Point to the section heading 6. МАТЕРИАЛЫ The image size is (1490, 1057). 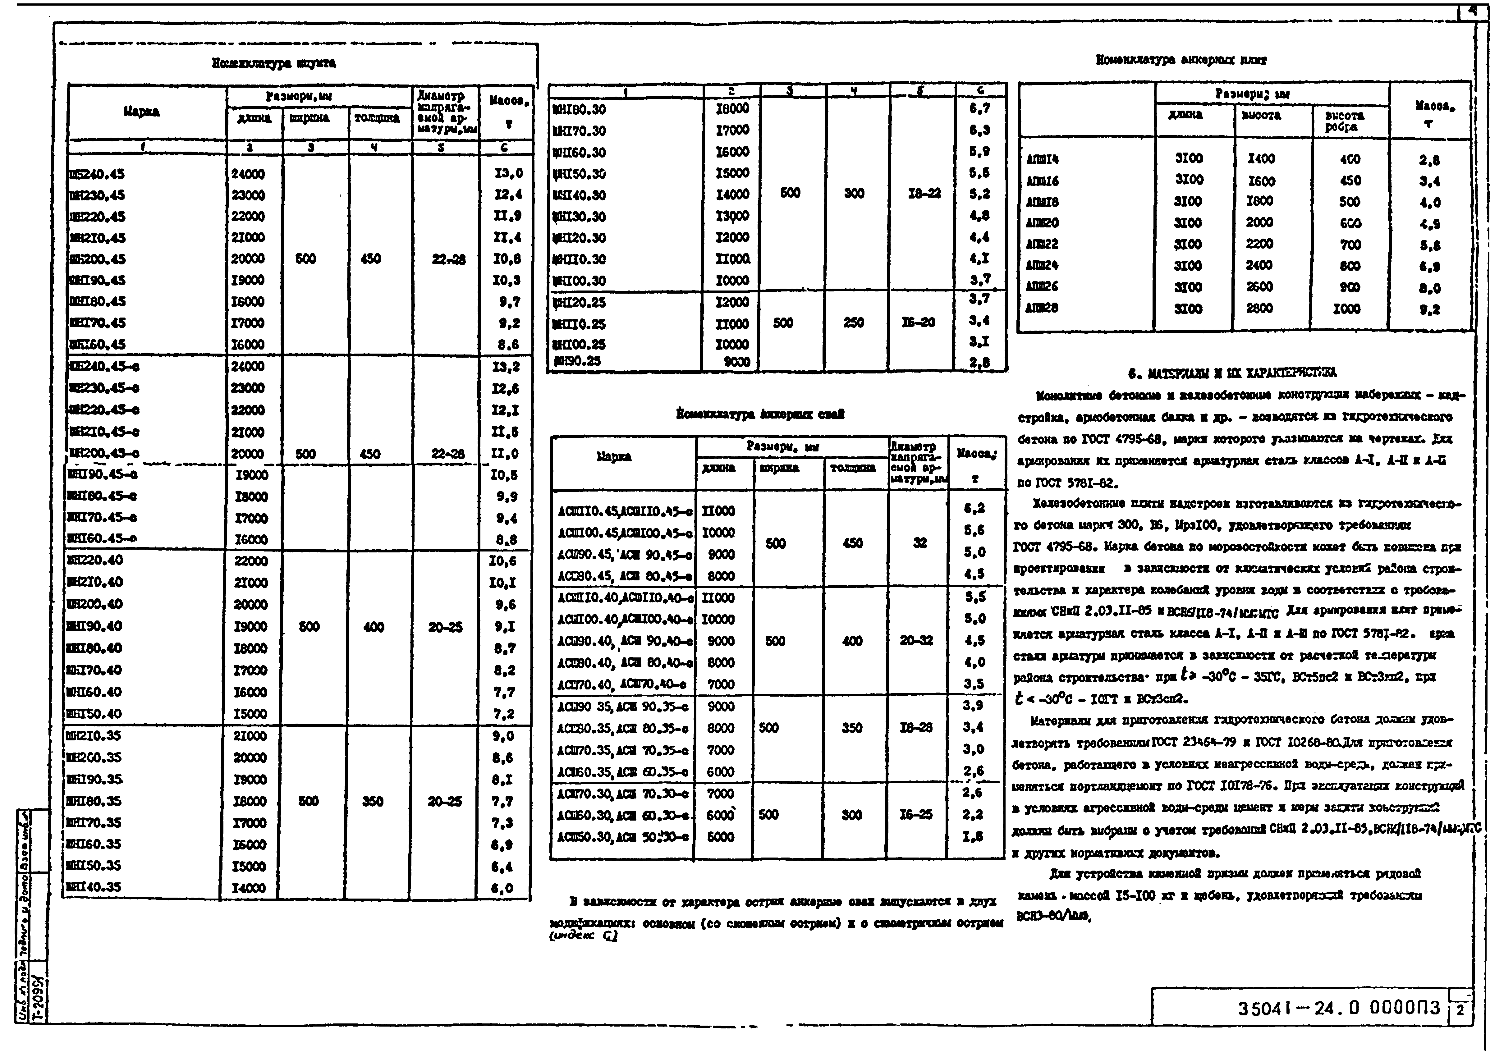click(1232, 373)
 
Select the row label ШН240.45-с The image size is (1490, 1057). click(104, 366)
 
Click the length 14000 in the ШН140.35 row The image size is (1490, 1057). click(250, 888)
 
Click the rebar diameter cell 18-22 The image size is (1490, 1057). click(924, 193)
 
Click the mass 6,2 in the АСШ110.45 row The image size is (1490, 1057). click(974, 508)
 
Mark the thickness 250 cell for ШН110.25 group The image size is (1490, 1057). click(853, 323)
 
